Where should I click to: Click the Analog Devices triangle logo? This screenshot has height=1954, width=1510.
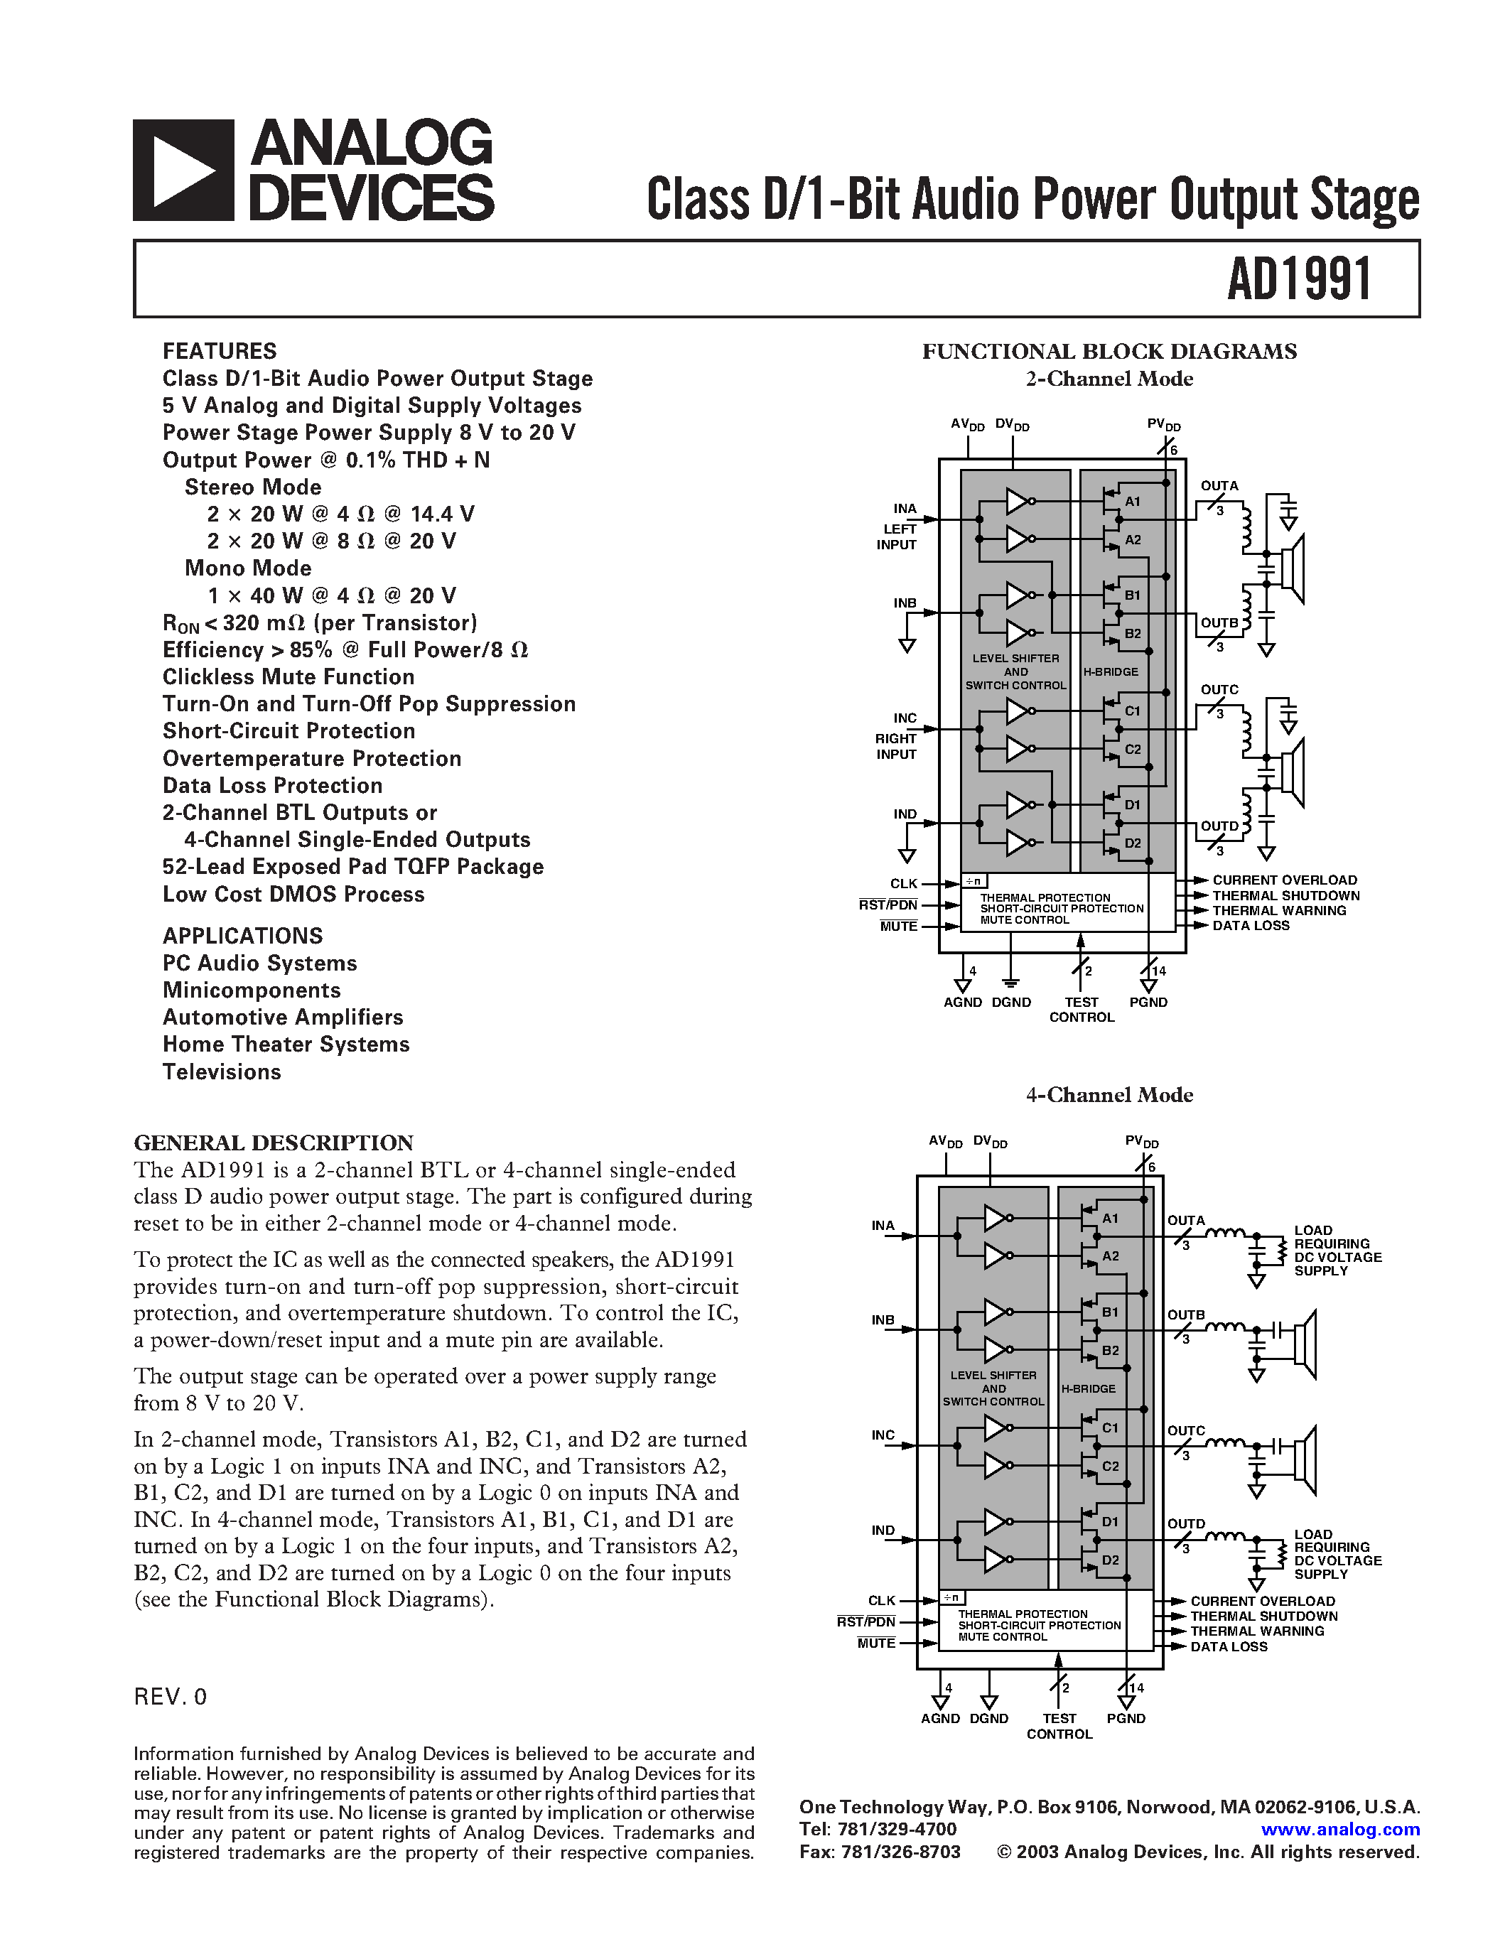[183, 170]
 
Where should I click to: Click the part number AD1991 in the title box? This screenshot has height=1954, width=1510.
[1299, 279]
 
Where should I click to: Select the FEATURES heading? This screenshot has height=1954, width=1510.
[219, 351]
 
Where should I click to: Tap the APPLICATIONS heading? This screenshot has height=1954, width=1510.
[242, 936]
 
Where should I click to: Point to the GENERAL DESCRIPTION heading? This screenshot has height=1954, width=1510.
[274, 1143]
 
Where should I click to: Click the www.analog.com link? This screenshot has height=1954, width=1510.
[1340, 1830]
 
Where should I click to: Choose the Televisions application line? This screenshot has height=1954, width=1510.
[222, 1072]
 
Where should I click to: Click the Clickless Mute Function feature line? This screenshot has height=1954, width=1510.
[288, 677]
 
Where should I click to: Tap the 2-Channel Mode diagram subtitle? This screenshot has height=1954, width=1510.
[1109, 379]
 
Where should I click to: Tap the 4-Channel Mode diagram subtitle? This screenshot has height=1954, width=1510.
[1109, 1095]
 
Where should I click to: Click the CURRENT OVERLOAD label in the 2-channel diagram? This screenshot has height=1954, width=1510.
[1285, 880]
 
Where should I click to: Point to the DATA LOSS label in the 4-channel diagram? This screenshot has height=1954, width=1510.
[1229, 1646]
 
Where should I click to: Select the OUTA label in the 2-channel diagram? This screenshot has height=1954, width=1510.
[1219, 486]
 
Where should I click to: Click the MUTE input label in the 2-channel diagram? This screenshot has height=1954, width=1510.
[898, 926]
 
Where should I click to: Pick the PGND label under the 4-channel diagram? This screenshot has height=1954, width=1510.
[1126, 1718]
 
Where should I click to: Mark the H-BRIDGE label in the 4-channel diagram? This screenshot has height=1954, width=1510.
[1089, 1388]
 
